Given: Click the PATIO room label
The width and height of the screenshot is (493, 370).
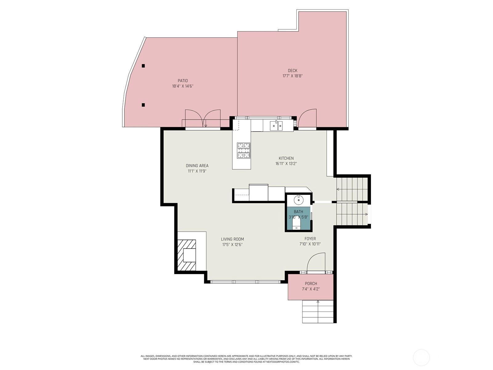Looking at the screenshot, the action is [183, 81].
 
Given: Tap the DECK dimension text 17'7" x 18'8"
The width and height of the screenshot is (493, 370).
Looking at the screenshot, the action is [292, 76].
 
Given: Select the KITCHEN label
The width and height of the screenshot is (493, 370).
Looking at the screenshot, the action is [286, 158].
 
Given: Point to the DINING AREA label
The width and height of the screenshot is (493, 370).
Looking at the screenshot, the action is [197, 166].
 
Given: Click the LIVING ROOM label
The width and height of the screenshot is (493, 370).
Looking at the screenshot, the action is [232, 239].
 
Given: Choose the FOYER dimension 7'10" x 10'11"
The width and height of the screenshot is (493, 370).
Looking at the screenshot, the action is [310, 244].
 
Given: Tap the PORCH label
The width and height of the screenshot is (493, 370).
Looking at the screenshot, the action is [311, 283].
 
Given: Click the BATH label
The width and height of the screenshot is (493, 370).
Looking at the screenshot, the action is [298, 212].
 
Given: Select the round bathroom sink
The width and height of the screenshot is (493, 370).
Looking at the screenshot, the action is [299, 200].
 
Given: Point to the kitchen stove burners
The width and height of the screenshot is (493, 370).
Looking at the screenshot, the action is [243, 150].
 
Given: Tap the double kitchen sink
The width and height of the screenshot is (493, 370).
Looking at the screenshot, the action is [276, 126].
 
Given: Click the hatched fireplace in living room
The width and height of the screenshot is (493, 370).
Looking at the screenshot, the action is [187, 255].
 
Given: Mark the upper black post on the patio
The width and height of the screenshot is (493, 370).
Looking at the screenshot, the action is [143, 66].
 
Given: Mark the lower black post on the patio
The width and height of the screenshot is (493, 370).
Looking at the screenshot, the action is [143, 105].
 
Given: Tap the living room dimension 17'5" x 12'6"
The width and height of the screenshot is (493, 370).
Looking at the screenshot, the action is [232, 245].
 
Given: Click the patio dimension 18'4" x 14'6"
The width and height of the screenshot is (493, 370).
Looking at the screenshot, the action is [183, 86].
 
